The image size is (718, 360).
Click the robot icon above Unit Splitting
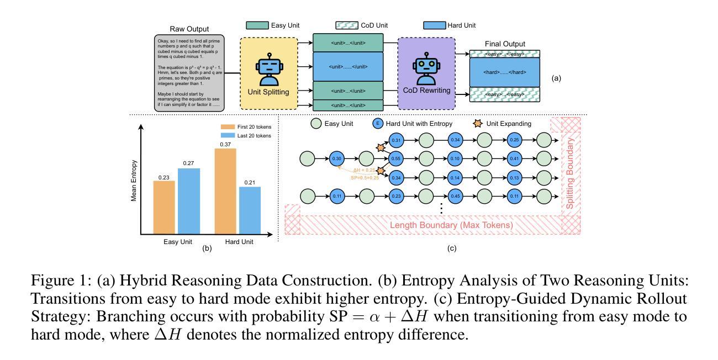click(x=269, y=69)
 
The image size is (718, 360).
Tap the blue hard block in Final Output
click(x=504, y=72)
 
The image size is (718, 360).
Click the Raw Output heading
click(x=189, y=29)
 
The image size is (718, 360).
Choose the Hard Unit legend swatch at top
click(x=435, y=25)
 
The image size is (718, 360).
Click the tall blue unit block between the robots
click(x=348, y=67)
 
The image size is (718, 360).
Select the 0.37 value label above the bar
click(x=225, y=144)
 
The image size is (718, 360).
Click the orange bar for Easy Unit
click(x=164, y=207)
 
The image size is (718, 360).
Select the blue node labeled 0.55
click(x=396, y=159)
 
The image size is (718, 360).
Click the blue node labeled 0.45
click(x=455, y=196)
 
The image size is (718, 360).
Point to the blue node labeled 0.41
click(x=515, y=159)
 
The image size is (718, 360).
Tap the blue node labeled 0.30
click(x=337, y=159)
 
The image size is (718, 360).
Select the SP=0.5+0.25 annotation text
click(x=365, y=178)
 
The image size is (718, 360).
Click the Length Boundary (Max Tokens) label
click(x=451, y=225)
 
